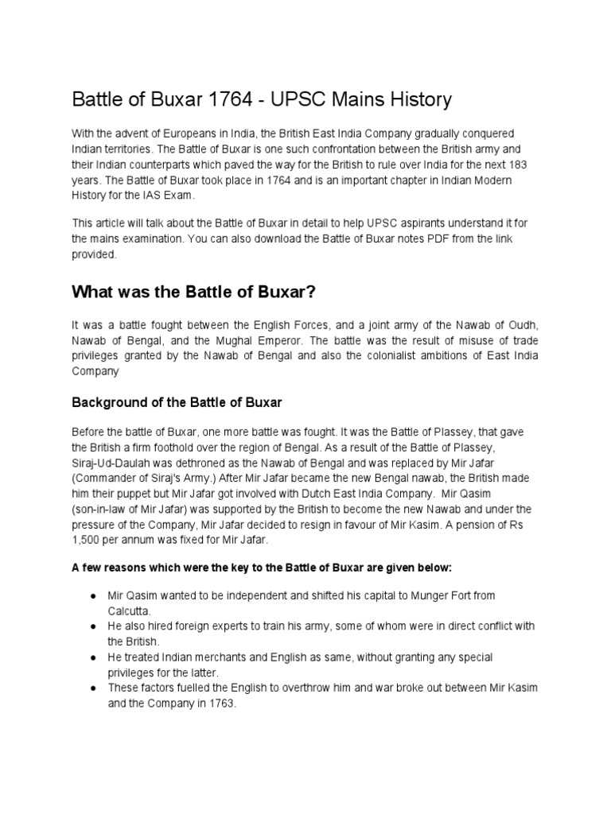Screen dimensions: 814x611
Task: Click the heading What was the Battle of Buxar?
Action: pyautogui.click(x=194, y=292)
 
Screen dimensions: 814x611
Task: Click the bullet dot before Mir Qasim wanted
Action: pyautogui.click(x=94, y=595)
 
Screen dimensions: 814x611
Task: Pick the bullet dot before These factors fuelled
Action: pyautogui.click(x=94, y=688)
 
